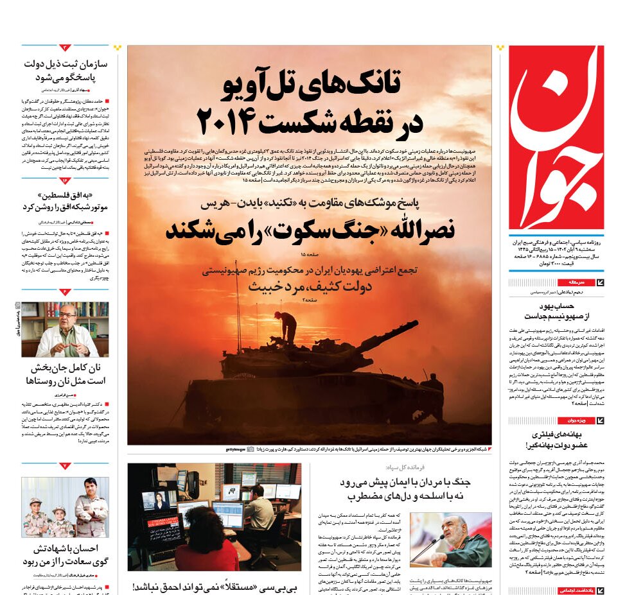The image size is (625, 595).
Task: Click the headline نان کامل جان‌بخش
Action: click(65, 375)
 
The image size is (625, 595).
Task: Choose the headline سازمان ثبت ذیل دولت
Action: click(65, 71)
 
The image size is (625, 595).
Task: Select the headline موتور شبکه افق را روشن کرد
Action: click(65, 200)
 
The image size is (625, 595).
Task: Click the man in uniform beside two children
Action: click(91, 507)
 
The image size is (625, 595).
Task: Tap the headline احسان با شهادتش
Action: click(65, 556)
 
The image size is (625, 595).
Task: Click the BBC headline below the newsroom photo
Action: click(214, 587)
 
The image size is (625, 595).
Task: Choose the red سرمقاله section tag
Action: click(572, 282)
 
